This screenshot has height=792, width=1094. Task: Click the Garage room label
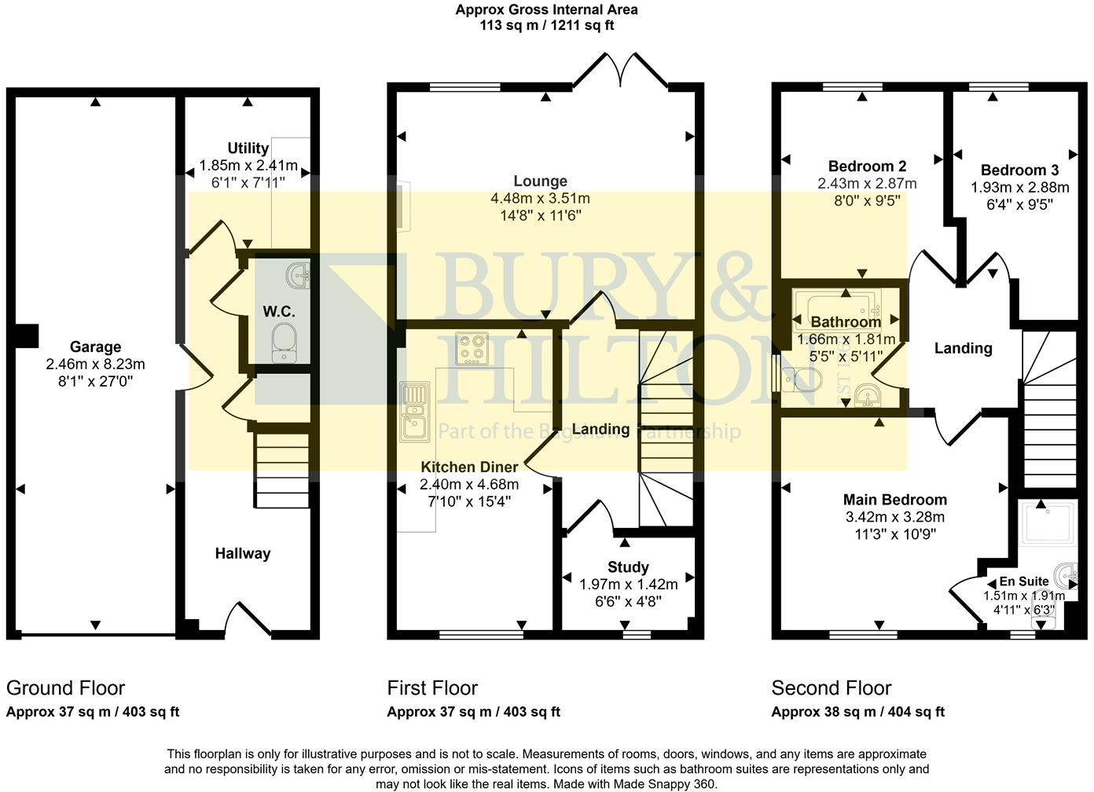coord(95,346)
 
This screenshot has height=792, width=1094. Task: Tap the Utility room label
coord(248,148)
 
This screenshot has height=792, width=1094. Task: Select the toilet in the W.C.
coord(283,344)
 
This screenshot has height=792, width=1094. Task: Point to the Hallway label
coord(243,553)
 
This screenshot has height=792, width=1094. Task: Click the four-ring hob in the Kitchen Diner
coord(472,350)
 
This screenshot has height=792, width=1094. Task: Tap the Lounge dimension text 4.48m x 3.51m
coord(540,198)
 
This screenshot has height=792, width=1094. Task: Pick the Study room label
coord(628,566)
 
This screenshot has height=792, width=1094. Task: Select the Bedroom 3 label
coord(1019,170)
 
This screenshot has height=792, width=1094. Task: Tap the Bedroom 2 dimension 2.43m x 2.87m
coord(867,183)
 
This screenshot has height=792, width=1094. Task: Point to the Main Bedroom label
coord(894,500)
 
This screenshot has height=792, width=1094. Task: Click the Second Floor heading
coord(831,688)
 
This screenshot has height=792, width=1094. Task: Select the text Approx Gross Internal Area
coord(546,9)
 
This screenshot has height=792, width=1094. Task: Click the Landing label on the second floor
coord(963,348)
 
